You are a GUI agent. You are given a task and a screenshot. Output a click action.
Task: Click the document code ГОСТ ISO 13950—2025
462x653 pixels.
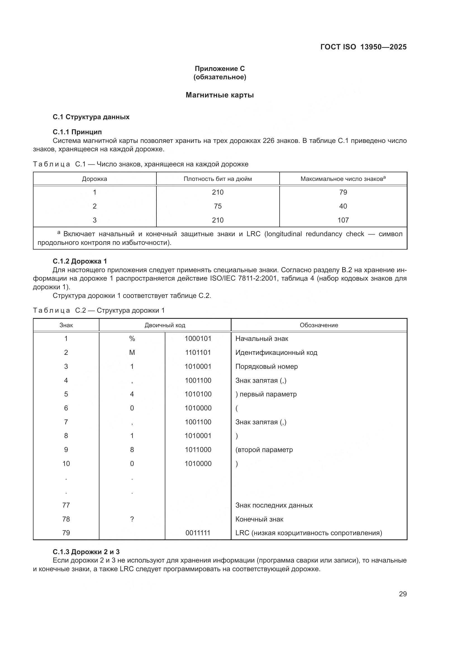click(363, 47)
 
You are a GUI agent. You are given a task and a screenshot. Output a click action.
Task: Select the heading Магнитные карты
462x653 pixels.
click(220, 95)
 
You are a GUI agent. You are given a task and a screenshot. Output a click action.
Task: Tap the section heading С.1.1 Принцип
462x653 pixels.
click(77, 132)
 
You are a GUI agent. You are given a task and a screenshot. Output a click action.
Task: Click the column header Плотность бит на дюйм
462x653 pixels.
click(218, 179)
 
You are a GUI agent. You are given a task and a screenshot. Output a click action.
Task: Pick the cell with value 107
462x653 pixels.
click(343, 220)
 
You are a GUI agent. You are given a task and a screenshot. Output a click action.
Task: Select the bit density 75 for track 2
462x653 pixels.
click(218, 206)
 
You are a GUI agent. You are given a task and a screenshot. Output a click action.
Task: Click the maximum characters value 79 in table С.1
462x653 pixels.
click(343, 192)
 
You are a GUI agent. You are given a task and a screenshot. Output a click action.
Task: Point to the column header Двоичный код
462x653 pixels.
click(165, 325)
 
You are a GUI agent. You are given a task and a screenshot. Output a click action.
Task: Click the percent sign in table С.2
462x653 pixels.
click(132, 339)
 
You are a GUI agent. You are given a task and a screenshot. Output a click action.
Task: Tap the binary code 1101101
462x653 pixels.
click(198, 353)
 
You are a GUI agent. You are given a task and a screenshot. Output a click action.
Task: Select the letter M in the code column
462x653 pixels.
click(132, 353)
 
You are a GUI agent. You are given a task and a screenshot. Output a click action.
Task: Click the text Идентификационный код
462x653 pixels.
click(276, 353)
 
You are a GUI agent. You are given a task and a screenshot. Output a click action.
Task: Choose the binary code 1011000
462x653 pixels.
click(198, 450)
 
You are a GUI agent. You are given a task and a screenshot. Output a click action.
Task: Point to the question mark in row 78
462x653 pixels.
click(132, 519)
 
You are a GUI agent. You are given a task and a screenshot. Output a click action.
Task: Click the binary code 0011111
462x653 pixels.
click(198, 533)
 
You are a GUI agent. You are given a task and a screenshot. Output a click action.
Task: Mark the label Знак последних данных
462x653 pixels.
click(274, 505)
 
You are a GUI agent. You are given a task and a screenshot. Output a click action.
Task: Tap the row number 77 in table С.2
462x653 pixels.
click(66, 505)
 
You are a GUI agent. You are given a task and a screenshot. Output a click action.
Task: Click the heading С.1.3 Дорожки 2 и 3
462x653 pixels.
click(86, 552)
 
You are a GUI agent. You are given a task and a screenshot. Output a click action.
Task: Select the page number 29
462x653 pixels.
click(403, 594)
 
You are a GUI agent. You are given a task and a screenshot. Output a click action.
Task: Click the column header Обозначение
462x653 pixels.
click(319, 325)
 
